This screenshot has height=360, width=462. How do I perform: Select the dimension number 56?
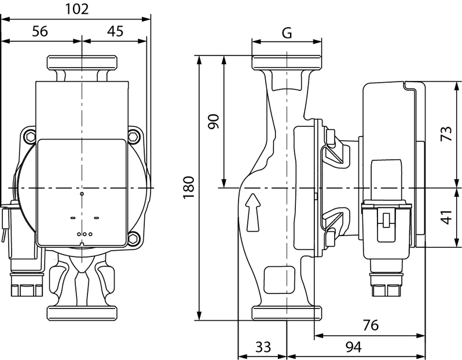[39, 31]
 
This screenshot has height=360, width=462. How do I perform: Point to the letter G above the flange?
[287, 32]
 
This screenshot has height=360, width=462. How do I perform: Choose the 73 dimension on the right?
[446, 134]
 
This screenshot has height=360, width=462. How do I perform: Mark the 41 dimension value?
[446, 218]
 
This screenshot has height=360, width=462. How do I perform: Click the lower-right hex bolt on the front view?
[134, 238]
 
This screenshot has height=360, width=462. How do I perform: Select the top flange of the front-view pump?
[82, 63]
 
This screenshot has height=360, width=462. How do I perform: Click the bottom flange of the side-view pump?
[287, 314]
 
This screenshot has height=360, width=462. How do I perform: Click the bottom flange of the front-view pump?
[82, 314]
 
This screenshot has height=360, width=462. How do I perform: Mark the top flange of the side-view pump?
[287, 63]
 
